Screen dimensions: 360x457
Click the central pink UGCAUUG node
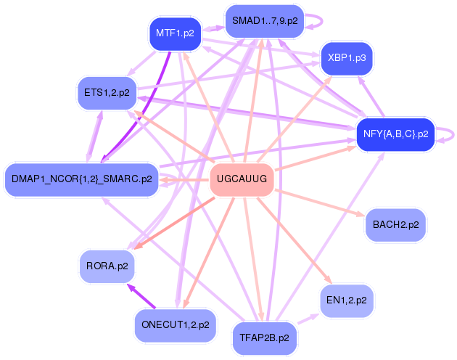tap(242, 179)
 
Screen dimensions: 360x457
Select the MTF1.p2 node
tap(175, 33)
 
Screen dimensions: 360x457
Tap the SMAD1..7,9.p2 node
tap(265, 21)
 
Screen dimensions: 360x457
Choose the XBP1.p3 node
tap(346, 56)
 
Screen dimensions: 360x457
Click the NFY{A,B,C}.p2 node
tap(395, 134)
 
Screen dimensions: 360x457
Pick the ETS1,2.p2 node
tap(107, 92)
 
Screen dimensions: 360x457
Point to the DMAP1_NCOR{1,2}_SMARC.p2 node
tap(81, 179)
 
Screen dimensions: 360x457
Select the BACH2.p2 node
tap(395, 225)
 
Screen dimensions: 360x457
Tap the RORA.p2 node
tap(107, 266)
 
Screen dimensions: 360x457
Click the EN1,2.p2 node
tap(346, 299)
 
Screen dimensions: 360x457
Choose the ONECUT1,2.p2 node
tap(176, 324)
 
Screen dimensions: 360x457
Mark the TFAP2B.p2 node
tap(264, 337)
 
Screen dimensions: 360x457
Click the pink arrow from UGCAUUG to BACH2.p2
tap(319, 202)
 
